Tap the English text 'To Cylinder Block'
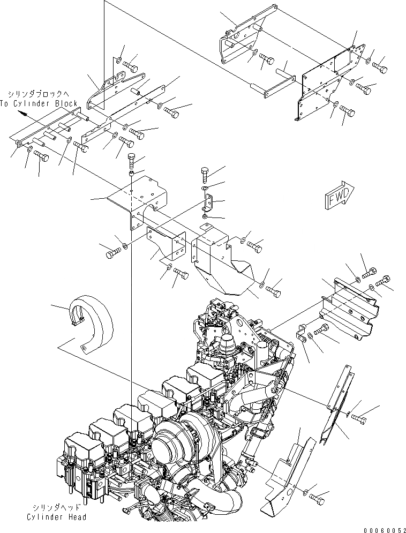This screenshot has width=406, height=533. click(39, 103)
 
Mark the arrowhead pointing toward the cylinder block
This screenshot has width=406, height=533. click(20, 113)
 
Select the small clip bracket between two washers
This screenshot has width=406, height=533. click(209, 203)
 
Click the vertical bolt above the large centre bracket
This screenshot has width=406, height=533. click(132, 160)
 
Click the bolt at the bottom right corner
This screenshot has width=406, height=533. click(318, 499)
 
